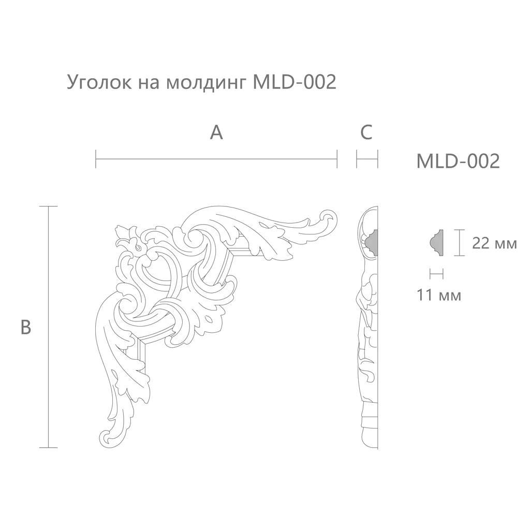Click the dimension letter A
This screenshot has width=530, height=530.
[216, 132]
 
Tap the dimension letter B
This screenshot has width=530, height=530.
[26, 327]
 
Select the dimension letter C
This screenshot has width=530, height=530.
[366, 132]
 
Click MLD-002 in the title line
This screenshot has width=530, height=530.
[295, 82]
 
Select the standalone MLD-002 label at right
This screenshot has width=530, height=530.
[458, 161]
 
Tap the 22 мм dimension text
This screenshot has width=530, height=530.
[494, 243]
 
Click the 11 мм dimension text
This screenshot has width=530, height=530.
[439, 295]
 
